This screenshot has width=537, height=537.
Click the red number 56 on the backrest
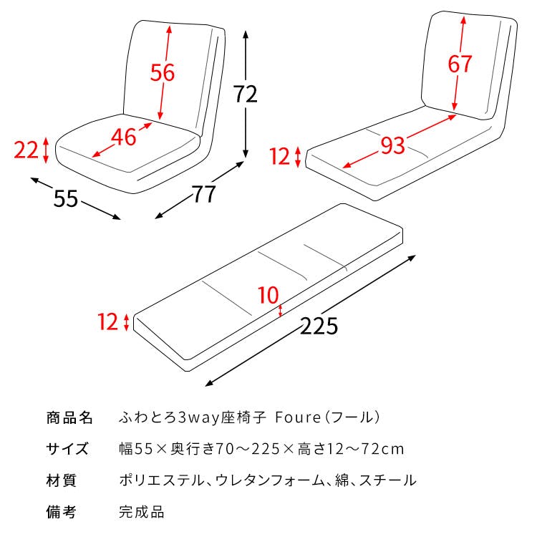click(x=163, y=72)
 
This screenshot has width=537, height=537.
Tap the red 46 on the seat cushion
click(x=124, y=136)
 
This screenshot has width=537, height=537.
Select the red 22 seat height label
click(x=26, y=150)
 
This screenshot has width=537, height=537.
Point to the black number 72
click(x=246, y=94)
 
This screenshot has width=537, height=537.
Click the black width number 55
click(x=66, y=198)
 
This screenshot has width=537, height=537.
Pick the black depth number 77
click(x=204, y=193)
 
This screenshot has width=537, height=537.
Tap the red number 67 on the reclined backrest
click(x=460, y=63)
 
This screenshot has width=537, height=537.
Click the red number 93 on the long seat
click(x=392, y=145)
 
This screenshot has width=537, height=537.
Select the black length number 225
click(x=318, y=326)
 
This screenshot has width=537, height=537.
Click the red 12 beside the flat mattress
click(x=108, y=322)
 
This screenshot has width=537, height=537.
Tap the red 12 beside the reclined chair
click(x=281, y=155)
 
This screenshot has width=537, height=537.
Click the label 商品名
click(x=69, y=417)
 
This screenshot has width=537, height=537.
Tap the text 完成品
click(x=141, y=512)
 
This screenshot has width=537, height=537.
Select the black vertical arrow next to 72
click(x=246, y=94)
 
